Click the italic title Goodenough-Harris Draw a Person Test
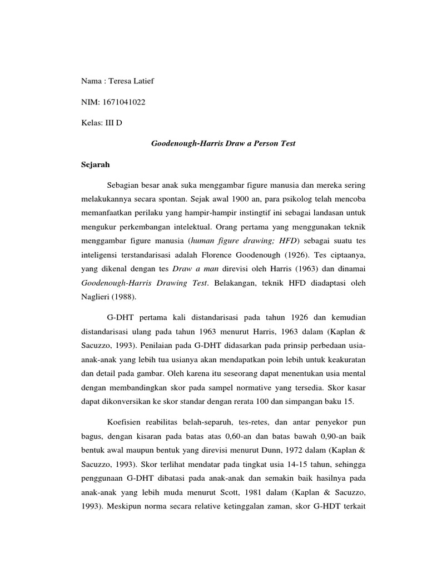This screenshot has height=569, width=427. tap(224, 143)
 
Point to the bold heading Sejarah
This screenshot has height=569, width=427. tap(93, 164)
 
